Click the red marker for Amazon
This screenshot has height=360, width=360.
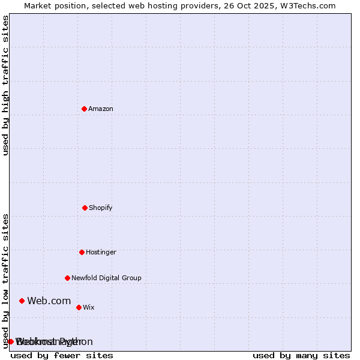[x=84, y=109]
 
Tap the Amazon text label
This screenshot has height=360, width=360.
[x=101, y=109]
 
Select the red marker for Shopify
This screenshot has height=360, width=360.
[x=85, y=208]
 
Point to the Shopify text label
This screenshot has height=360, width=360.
[x=101, y=208]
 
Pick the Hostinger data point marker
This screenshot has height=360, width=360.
[x=82, y=252]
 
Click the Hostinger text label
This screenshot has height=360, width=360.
[x=101, y=253]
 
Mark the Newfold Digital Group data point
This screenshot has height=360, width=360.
[x=67, y=278]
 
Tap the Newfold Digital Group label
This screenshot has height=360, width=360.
[x=106, y=278]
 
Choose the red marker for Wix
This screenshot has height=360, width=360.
[x=79, y=307]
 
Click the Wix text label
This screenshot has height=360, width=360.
[x=89, y=308]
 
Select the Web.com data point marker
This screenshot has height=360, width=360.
[x=22, y=301]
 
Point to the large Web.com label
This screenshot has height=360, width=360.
[x=49, y=301]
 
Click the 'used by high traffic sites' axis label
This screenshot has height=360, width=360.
[x=5, y=86]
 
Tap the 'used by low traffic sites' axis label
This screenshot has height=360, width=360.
[x=5, y=281]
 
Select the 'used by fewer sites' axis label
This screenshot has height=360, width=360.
[x=62, y=355]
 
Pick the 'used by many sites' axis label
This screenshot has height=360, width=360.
[x=301, y=355]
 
